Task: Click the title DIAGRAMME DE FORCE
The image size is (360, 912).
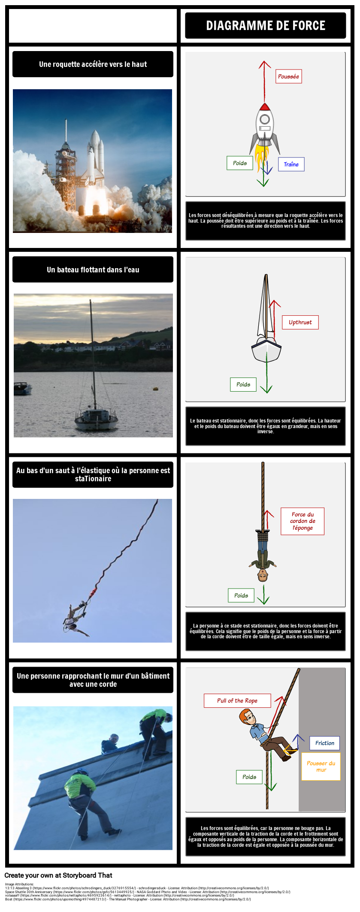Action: [266, 26]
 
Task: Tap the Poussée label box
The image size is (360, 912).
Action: [288, 76]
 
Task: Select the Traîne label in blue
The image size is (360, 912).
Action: [291, 164]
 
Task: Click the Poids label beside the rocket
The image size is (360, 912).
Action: [239, 163]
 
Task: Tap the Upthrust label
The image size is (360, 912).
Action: [300, 322]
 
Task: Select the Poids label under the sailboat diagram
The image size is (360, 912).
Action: [243, 384]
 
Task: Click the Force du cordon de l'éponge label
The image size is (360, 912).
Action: [302, 521]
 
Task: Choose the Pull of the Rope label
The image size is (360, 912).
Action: [237, 701]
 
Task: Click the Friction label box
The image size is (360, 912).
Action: [324, 743]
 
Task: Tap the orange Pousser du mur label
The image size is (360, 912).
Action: [321, 766]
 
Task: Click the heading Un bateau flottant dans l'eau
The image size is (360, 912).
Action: [93, 270]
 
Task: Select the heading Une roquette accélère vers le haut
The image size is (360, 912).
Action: [93, 64]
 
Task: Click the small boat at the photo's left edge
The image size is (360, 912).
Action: [21, 388]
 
